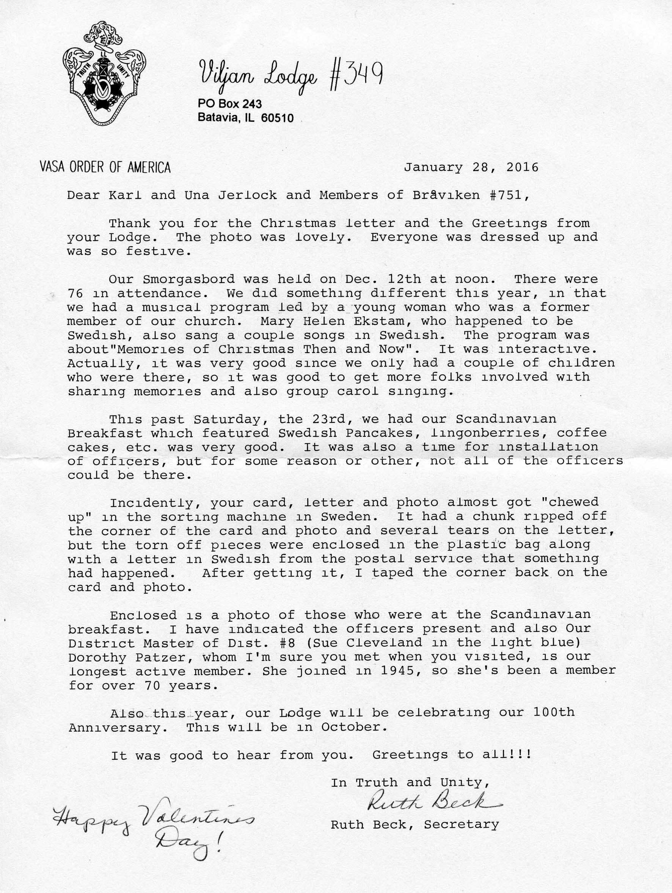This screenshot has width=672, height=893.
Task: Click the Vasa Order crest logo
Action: tap(104, 72)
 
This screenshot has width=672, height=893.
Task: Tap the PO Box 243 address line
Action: tap(229, 104)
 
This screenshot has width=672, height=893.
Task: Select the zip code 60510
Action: tap(277, 118)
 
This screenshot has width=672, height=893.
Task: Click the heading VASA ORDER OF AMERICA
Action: tap(105, 167)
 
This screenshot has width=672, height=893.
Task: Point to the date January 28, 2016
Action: tap(471, 167)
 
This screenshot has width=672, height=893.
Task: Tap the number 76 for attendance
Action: tap(75, 293)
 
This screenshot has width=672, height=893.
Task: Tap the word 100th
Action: tap(553, 712)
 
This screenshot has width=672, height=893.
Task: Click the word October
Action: tap(350, 726)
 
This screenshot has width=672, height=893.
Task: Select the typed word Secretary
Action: tap(461, 824)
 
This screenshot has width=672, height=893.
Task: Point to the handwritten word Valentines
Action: tap(198, 817)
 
